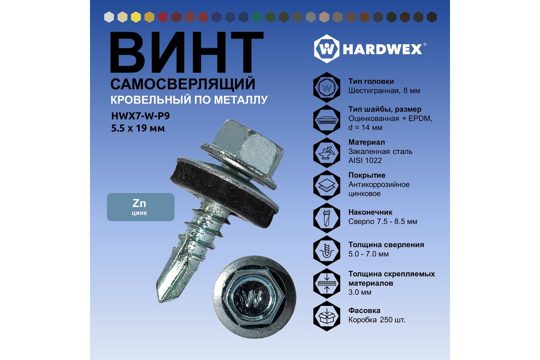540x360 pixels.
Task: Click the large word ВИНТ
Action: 187,52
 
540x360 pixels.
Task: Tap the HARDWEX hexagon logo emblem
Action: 327,49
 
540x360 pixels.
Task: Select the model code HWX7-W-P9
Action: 140,116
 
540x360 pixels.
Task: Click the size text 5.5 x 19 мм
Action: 138,128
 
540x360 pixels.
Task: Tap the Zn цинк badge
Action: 140,207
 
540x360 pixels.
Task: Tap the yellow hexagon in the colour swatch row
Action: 136,18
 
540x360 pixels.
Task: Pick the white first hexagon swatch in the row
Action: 109,18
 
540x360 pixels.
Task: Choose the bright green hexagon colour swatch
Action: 257,18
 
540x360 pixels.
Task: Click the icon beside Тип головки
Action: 327,87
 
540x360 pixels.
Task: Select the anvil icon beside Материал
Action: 327,153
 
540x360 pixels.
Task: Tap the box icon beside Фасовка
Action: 327,316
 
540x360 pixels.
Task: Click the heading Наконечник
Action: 370,212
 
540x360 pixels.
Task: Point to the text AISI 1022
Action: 365,161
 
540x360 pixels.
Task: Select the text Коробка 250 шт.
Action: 377,320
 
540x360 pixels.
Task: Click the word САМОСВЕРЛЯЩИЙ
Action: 183,84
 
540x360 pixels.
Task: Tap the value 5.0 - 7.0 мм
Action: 369,254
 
